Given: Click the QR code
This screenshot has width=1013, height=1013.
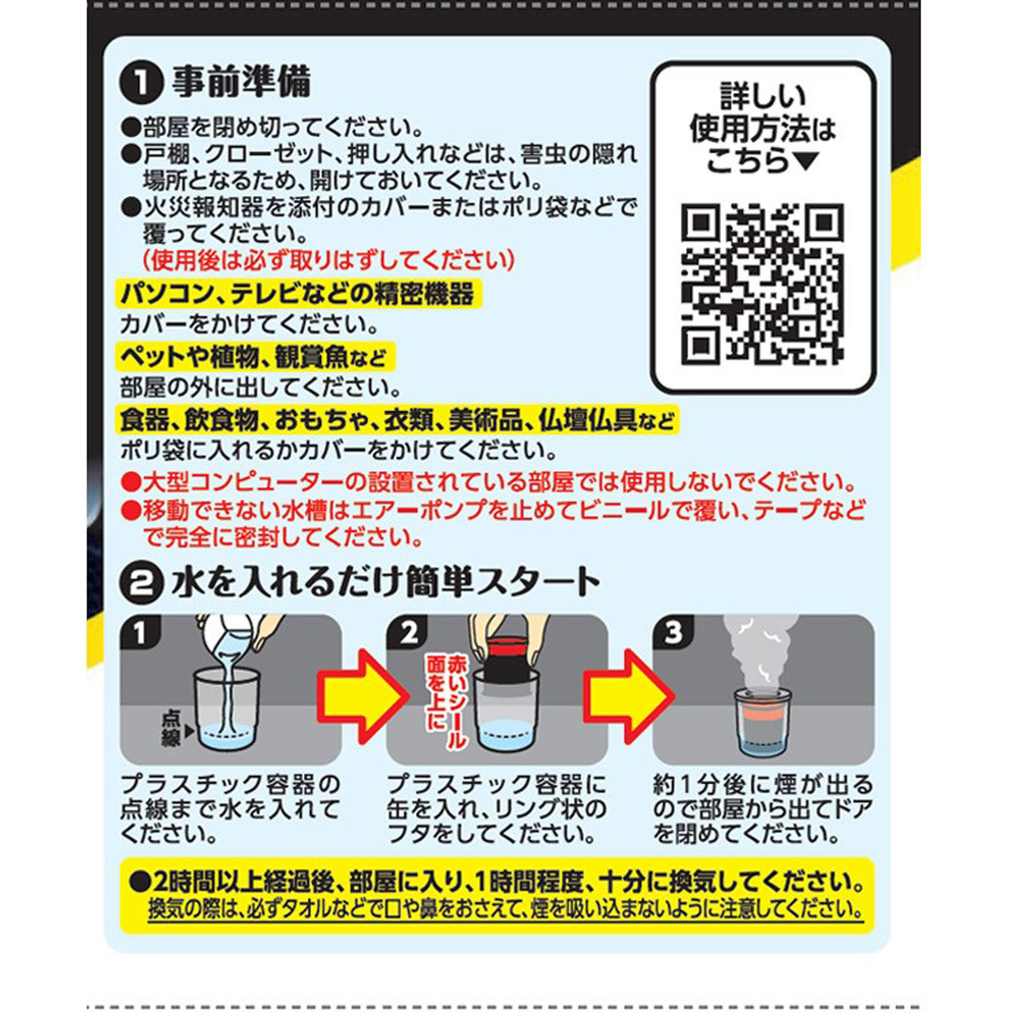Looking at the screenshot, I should point(762,284).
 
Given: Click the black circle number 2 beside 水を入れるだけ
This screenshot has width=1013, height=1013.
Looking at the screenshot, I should point(141,582).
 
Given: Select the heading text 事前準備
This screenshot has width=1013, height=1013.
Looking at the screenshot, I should point(241,82).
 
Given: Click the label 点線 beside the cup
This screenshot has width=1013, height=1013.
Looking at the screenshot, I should point(171,728).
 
